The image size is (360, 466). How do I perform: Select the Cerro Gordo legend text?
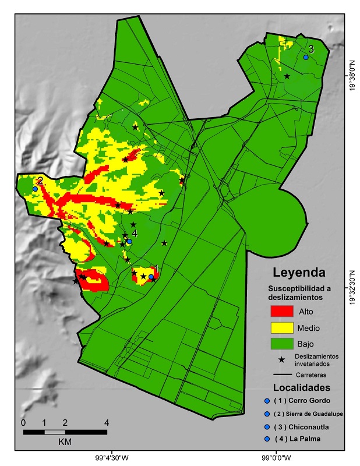(305, 401)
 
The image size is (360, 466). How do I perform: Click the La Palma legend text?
(301, 439)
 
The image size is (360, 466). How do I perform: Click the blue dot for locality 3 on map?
(306, 57)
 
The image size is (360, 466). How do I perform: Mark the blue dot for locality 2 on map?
(35, 189)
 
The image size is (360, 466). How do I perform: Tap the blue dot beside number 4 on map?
(129, 241)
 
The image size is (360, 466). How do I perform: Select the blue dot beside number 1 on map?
(151, 277)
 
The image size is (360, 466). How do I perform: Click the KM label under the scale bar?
(65, 442)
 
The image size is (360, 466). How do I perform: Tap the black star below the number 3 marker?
(287, 76)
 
